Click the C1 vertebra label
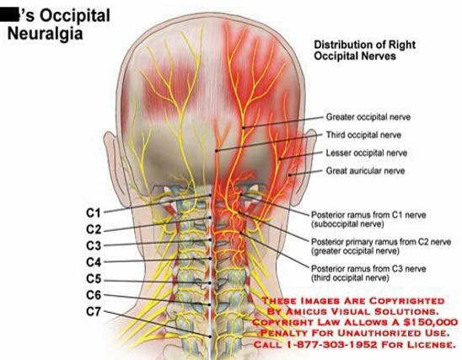click(x=94, y=212)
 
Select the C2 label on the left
click(x=94, y=229)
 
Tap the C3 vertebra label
click(x=94, y=245)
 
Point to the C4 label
click(x=94, y=262)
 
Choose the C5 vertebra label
click(x=94, y=278)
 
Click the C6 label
click(x=94, y=295)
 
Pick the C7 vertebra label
click(x=94, y=311)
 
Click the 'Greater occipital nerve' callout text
click(x=368, y=117)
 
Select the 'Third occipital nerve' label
click(x=363, y=135)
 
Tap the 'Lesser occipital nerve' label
click(x=367, y=153)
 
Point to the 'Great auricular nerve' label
click(x=365, y=171)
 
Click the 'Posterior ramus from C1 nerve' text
click(x=368, y=215)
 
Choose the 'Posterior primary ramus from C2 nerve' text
click(x=381, y=242)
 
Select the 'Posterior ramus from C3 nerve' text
click(x=368, y=269)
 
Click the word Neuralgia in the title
click(x=45, y=33)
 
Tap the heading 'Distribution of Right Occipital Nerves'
click(x=365, y=50)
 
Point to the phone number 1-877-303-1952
click(x=331, y=344)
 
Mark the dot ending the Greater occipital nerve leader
click(x=244, y=128)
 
